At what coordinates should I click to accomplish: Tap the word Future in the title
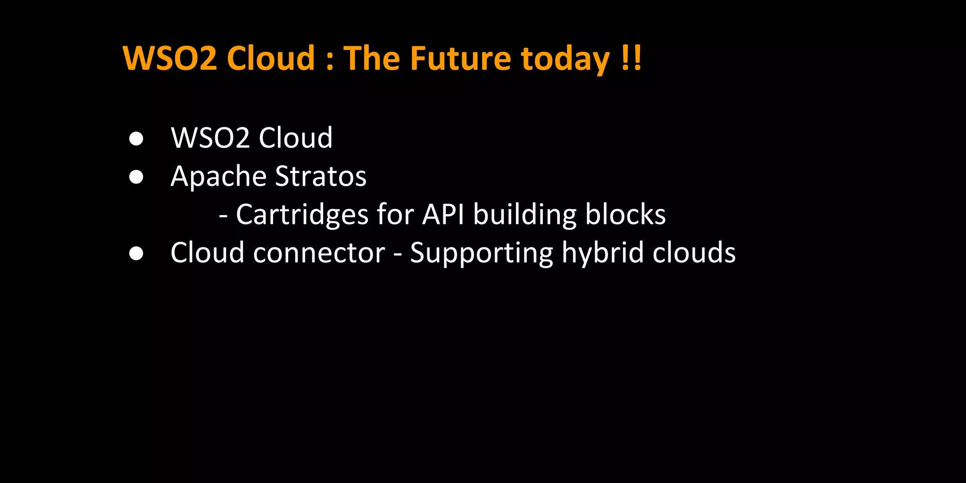point(460,58)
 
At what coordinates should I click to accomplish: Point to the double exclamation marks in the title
point(631,58)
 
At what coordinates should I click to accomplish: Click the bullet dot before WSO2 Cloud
point(136,139)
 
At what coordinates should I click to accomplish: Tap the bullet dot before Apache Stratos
point(136,177)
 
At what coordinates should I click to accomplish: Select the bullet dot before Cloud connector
point(136,253)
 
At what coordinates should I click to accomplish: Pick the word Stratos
point(321,176)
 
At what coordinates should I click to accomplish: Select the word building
point(525,215)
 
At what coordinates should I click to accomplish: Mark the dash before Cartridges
point(224,217)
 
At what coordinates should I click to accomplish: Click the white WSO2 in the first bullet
point(210,138)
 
